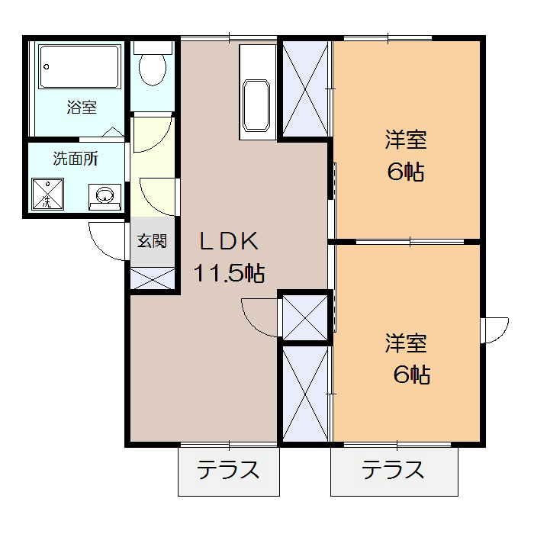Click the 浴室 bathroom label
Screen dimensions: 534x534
81,108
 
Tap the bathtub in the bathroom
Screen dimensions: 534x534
79,69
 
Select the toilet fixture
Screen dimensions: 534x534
153,66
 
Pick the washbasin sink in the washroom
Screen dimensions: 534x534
105,196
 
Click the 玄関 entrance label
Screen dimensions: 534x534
153,242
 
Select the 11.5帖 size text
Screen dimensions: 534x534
229,272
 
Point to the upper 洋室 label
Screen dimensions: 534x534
405,140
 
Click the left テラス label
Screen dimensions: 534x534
228,470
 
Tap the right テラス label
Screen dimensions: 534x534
393,470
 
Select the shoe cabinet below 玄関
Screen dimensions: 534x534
153,278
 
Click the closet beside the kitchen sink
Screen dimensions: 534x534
305,88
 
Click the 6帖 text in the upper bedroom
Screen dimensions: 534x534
405,172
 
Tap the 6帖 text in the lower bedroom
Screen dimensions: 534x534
411,375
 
